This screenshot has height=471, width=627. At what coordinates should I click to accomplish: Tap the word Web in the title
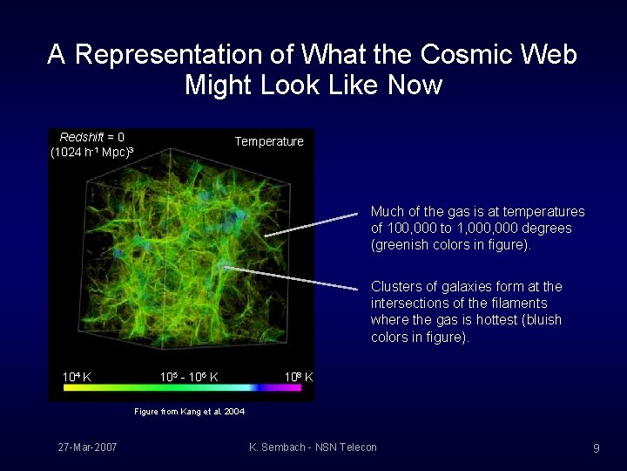[549, 54]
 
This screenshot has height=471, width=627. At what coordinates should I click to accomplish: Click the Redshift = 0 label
[91, 137]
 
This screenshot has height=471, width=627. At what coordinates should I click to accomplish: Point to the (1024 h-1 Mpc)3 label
[91, 153]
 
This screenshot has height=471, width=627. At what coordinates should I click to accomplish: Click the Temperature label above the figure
[269, 141]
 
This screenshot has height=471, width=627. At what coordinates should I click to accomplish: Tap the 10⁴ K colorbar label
[77, 377]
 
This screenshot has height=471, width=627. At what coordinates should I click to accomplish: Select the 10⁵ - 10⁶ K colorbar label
[189, 377]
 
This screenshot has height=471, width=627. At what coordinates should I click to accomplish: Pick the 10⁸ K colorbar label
[299, 377]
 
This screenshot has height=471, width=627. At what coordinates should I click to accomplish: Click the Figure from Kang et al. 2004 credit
[189, 411]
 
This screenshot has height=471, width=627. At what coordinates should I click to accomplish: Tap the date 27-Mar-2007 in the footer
[88, 447]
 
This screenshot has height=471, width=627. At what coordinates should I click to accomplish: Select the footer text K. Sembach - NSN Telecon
[313, 447]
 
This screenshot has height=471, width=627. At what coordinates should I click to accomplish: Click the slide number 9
[596, 448]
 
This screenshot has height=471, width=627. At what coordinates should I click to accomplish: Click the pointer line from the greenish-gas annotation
[311, 224]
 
